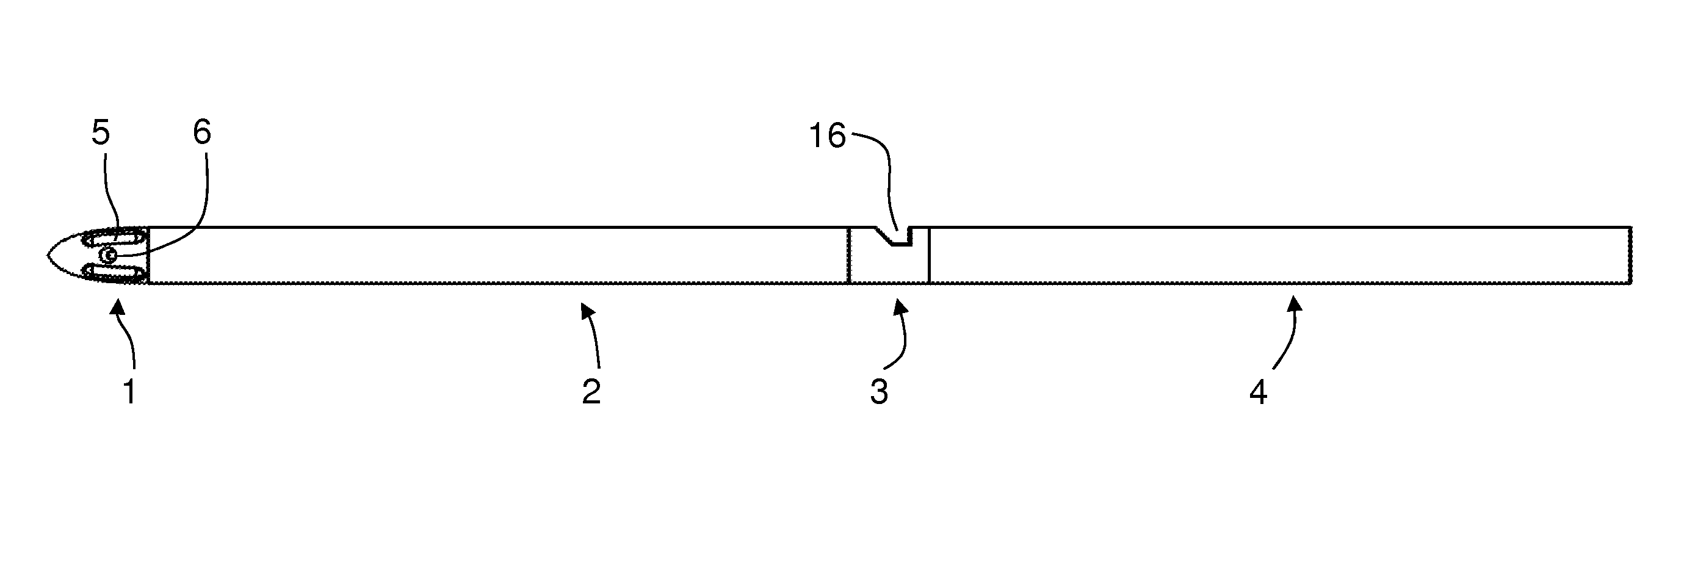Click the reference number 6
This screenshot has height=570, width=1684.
(202, 132)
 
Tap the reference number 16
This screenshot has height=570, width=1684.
(828, 136)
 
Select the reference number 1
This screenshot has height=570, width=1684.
(130, 392)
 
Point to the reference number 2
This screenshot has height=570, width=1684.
(591, 392)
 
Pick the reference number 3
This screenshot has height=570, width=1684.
(880, 392)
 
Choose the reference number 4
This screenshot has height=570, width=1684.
(1259, 392)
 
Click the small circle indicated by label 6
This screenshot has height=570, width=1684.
(109, 255)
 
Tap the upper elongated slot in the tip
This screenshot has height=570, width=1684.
(114, 238)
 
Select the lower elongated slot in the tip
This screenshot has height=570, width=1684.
(114, 272)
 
